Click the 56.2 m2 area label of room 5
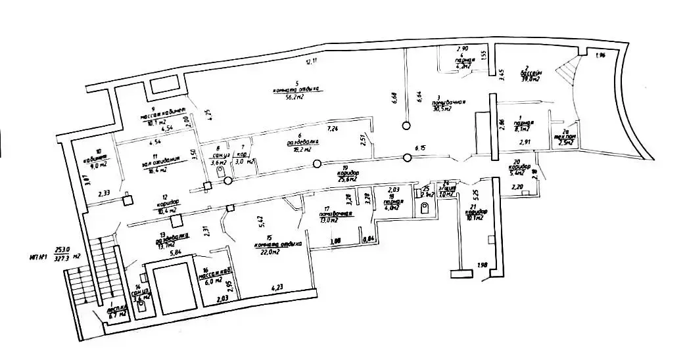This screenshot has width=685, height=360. [x=293, y=97]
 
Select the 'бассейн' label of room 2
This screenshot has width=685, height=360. [x=531, y=73]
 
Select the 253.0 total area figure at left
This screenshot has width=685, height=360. [x=62, y=250]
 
